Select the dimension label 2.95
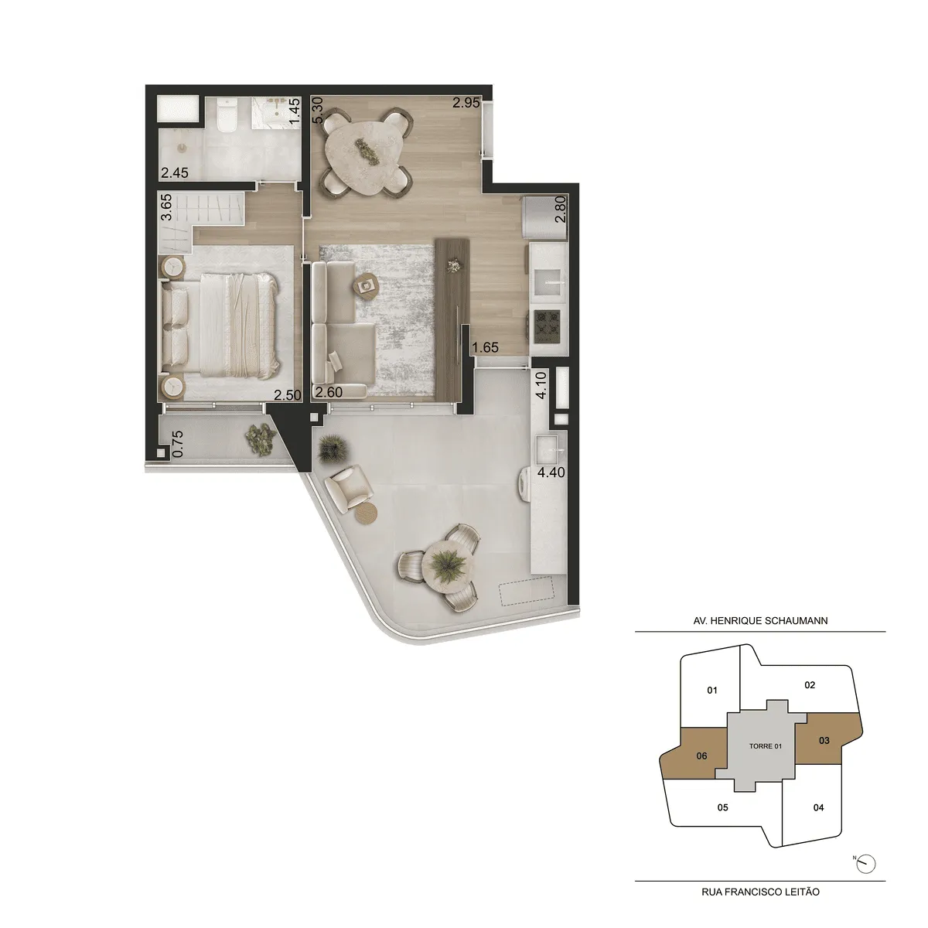pos(466,103)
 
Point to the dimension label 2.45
pos(174,173)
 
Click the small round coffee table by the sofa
pos(364,285)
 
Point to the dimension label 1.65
pos(486,348)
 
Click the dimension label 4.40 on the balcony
pos(552,472)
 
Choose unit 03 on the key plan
pos(824,740)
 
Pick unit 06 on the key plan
pos(701,756)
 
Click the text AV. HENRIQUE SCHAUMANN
pos(760,620)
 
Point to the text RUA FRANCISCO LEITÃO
pos(760,892)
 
